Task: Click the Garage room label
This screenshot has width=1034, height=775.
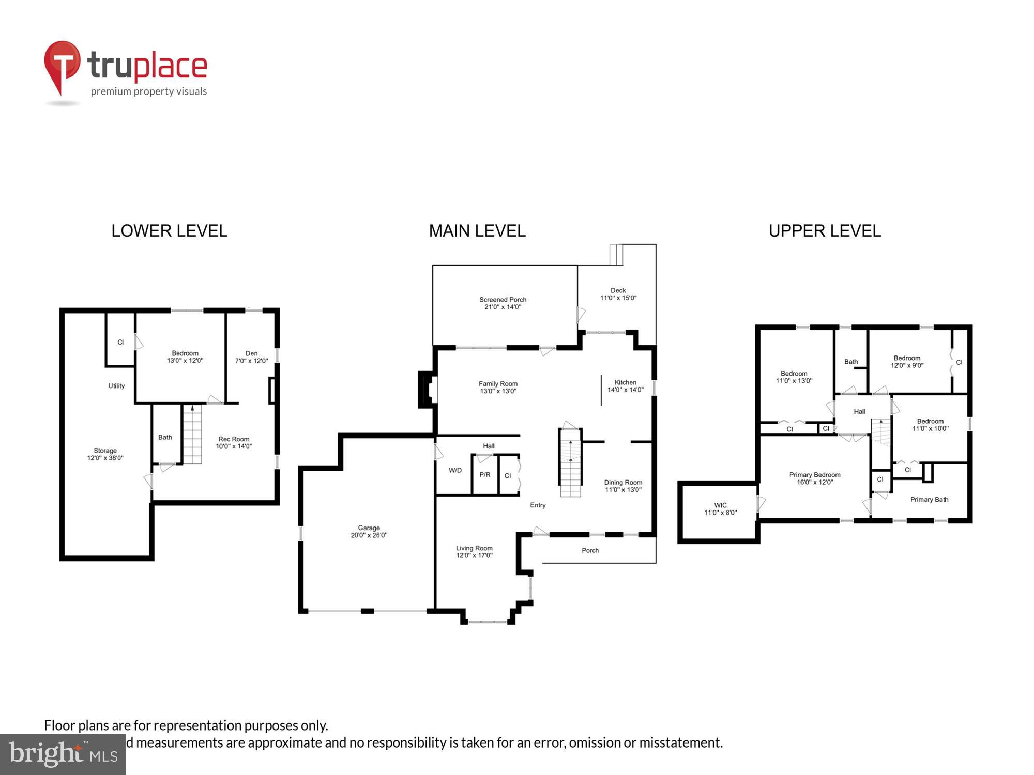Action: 369,528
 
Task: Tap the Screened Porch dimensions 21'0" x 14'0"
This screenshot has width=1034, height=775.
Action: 503,307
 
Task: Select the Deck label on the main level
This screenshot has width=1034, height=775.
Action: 618,290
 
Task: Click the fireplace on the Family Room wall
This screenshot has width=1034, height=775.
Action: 428,390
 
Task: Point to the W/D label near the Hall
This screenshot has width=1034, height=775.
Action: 455,470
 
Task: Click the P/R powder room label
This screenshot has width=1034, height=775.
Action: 485,474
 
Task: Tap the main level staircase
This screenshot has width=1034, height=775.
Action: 570,465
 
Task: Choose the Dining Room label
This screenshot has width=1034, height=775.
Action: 623,482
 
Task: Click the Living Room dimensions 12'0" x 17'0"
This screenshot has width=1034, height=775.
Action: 474,555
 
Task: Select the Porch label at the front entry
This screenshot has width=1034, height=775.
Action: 590,550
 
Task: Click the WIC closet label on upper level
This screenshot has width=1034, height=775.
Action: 720,505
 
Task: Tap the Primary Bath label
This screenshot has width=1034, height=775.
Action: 929,499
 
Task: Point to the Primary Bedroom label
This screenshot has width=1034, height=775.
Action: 815,475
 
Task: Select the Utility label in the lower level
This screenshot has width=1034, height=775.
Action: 116,385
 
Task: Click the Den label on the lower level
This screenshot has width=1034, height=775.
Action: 251,353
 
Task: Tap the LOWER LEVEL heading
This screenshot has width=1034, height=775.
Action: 169,230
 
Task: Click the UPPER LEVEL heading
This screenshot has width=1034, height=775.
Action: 825,230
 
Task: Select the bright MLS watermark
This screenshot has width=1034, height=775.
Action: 63,754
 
